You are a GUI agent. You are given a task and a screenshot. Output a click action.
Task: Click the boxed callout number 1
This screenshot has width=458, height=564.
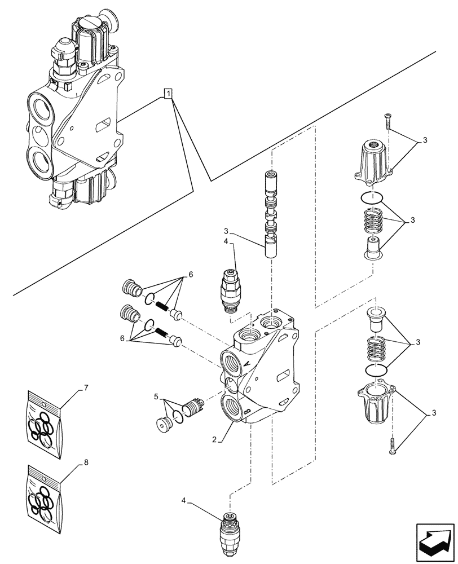click(x=168, y=94)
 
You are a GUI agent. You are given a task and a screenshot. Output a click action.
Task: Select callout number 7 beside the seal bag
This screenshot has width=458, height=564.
click(x=86, y=388)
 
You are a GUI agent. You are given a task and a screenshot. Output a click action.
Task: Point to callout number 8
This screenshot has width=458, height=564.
click(x=86, y=462)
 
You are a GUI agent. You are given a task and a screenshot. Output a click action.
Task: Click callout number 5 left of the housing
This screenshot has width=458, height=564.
click(x=156, y=398)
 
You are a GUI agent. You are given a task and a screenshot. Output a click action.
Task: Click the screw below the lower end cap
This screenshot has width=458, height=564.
click(x=393, y=446)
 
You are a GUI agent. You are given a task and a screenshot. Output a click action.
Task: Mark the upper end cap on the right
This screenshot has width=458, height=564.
click(x=371, y=161)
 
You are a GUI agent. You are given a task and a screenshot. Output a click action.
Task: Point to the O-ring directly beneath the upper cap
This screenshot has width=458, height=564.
click(x=371, y=198)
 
